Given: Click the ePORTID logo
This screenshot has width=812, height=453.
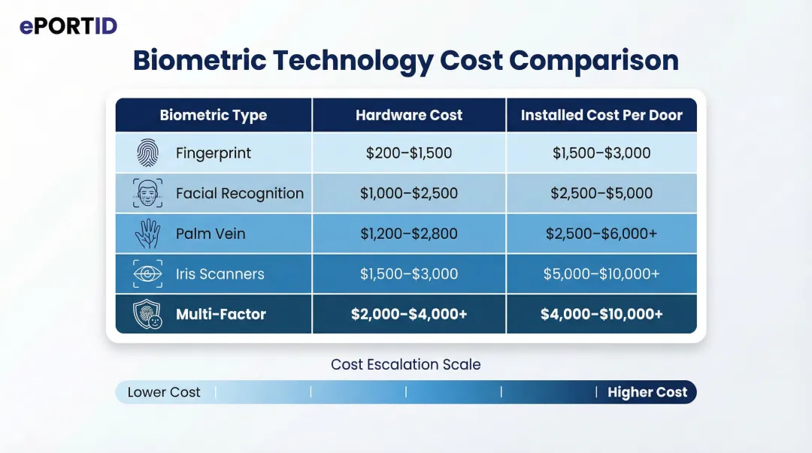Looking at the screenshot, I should (x=68, y=26).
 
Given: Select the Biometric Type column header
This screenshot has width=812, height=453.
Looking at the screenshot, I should (x=213, y=116).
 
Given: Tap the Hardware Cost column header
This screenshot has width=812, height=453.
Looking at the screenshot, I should (x=409, y=116).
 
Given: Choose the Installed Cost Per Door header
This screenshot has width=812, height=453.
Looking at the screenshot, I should (x=601, y=116).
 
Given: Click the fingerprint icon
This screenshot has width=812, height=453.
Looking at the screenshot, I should (x=147, y=153).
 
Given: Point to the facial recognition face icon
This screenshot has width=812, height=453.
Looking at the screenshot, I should (x=147, y=193).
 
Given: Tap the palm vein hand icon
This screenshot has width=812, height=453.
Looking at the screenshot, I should (x=147, y=234).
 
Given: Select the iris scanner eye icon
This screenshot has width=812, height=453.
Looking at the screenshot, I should (x=147, y=274).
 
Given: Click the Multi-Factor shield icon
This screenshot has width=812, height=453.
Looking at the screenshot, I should (x=147, y=314).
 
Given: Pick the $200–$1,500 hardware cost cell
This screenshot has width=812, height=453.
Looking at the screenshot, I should (x=409, y=153).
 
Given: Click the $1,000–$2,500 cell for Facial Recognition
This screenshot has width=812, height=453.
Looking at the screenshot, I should (x=409, y=193).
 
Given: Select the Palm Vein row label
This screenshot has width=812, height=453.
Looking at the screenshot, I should (x=211, y=234).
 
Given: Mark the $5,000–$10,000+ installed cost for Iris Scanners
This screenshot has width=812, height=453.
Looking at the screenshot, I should (x=601, y=274).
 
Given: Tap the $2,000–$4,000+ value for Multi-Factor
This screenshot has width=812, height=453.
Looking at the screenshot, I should (x=409, y=314).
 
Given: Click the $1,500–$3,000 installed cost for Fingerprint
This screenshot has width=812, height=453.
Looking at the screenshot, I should (x=601, y=153).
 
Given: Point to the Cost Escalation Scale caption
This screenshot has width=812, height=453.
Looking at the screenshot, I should (x=406, y=365).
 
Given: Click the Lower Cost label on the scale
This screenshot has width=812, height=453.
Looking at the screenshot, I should (x=164, y=392).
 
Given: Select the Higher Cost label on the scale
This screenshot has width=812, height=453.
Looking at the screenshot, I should (x=647, y=392).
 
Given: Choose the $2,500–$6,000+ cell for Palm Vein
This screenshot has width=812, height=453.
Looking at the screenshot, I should (x=601, y=234).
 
